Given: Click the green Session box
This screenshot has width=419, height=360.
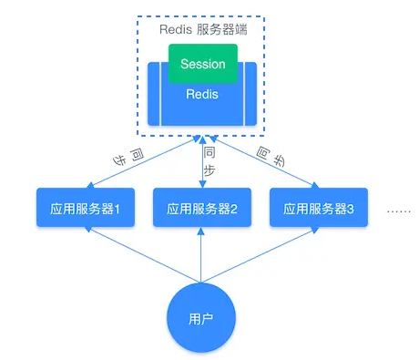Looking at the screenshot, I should (x=202, y=64).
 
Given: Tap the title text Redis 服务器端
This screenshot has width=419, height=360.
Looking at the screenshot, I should (x=201, y=27).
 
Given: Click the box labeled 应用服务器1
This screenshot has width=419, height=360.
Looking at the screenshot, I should (x=85, y=209).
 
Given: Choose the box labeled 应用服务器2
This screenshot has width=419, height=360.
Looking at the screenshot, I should (x=202, y=209).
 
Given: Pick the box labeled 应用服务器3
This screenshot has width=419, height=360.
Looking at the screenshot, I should (x=319, y=209).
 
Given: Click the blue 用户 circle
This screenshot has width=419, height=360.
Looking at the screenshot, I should (x=201, y=319).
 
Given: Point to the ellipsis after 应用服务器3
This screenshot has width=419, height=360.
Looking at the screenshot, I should (x=399, y=211).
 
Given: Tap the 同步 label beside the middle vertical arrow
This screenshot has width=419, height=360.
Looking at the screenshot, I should (x=209, y=159).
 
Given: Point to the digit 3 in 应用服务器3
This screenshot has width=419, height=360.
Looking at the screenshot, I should (x=350, y=209).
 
